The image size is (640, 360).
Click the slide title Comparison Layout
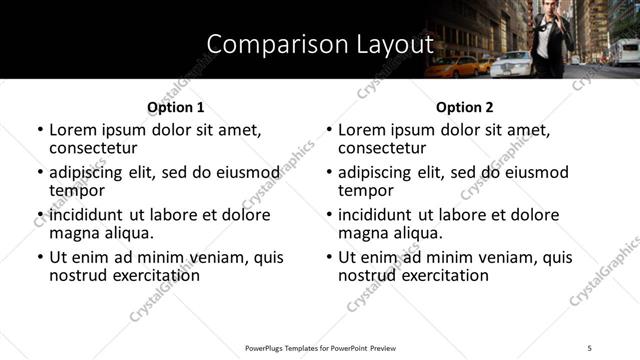click(x=320, y=45)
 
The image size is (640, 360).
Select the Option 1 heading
click(x=175, y=107)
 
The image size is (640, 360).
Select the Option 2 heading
click(x=465, y=107)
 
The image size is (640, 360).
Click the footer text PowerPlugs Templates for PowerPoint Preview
click(x=320, y=347)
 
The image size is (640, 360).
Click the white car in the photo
click(x=511, y=64)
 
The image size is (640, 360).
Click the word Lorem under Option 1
click(x=73, y=130)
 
